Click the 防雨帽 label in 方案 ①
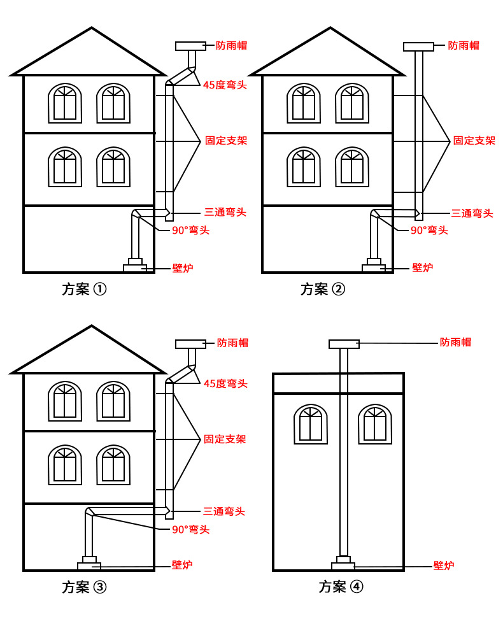tap(231, 45)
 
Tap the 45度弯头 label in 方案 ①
tap(225, 85)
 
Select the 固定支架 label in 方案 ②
tap(474, 141)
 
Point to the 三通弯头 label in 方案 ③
tap(224, 511)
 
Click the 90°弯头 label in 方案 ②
tap(429, 231)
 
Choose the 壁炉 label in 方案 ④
tap(444, 565)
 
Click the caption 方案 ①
tap(84, 289)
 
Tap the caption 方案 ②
tap(323, 289)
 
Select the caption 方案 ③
tap(84, 587)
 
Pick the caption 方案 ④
tap(341, 587)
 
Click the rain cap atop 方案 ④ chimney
tap(344, 345)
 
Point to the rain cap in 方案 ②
tap(418, 46)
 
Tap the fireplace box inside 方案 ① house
tap(135, 268)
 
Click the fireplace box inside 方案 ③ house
tap(89, 566)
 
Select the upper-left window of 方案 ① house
tap(65, 103)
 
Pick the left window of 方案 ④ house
tap(311, 424)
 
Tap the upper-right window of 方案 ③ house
tap(113, 401)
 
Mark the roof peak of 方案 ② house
tap(330, 29)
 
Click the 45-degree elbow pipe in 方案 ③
tap(183, 374)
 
